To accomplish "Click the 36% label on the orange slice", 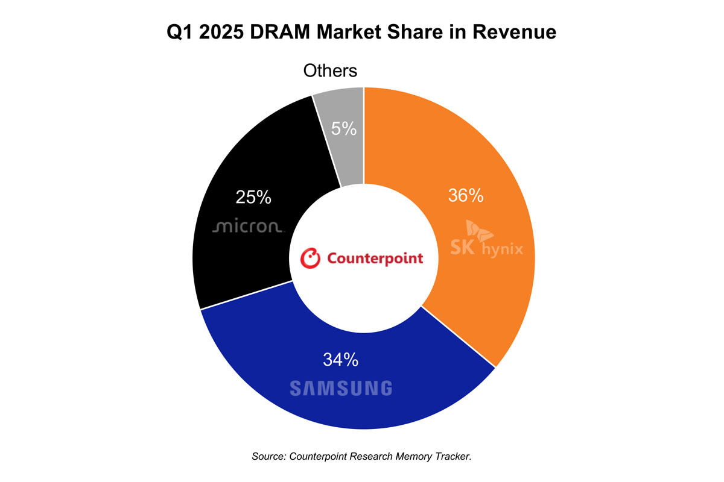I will [465, 196].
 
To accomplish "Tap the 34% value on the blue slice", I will [340, 360].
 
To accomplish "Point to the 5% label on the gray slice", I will [344, 128].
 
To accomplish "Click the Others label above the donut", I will [330, 70].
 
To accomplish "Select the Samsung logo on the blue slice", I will [340, 388].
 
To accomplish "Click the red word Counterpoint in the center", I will [375, 258].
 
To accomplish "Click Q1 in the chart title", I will [182, 33].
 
